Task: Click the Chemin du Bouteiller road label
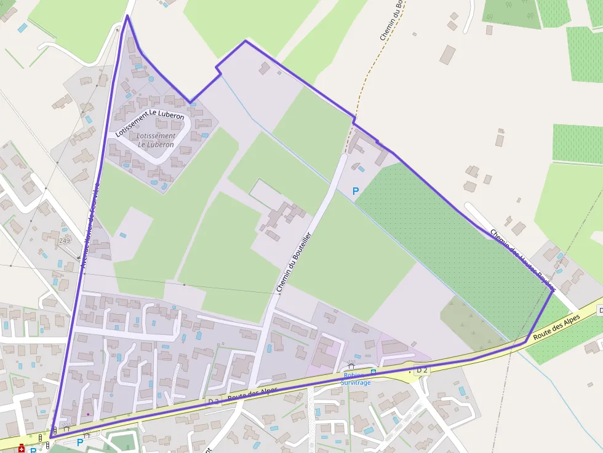(x=294, y=261)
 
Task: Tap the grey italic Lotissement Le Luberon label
(x=156, y=140)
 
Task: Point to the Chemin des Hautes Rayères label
(x=523, y=260)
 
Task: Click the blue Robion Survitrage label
(x=357, y=379)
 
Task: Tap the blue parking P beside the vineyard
(x=355, y=192)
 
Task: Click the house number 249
(x=65, y=240)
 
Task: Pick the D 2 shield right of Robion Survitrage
(x=421, y=370)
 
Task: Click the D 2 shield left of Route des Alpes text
(x=214, y=401)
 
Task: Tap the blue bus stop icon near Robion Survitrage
(x=373, y=372)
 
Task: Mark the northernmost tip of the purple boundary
(x=127, y=15)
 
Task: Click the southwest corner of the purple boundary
(x=50, y=438)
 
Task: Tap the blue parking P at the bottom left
(x=80, y=442)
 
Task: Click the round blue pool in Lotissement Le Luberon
(x=151, y=79)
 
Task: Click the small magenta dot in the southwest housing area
(x=88, y=414)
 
